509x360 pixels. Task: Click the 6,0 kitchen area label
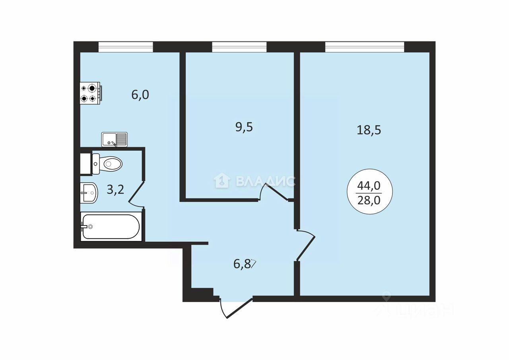(x=140, y=95)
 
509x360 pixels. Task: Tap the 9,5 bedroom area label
(x=244, y=127)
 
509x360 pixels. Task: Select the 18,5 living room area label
(x=369, y=130)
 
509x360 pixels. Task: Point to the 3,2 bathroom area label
(x=115, y=189)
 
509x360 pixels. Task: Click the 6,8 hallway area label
(x=242, y=264)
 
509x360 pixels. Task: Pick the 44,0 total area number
(x=369, y=186)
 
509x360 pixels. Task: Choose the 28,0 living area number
(x=369, y=200)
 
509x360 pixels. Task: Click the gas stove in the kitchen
(x=91, y=93)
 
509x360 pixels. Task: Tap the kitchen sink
(x=114, y=139)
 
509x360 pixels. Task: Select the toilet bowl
(x=107, y=163)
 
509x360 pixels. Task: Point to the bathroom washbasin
(x=89, y=193)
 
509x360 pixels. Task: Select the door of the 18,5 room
(x=306, y=245)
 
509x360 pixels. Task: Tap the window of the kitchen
(x=126, y=47)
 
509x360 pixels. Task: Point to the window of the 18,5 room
(x=365, y=47)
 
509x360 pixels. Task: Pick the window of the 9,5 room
(x=239, y=47)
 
